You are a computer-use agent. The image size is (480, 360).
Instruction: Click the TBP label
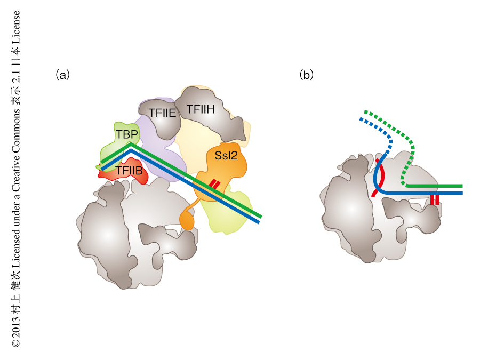tap(126, 134)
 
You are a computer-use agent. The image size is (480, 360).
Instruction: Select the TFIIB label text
tap(129, 171)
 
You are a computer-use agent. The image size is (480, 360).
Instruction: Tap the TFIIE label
tap(162, 113)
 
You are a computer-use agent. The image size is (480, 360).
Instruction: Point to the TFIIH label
tap(201, 109)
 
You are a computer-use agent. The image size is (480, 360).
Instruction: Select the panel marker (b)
tap(307, 75)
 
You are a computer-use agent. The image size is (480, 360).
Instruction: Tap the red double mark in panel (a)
tap(214, 184)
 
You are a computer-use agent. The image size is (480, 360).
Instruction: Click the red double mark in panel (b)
tap(435, 199)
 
